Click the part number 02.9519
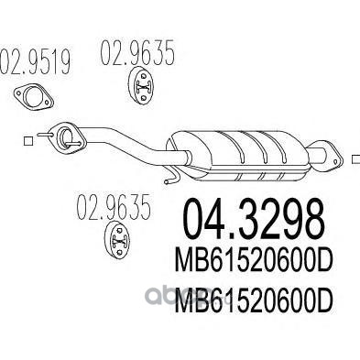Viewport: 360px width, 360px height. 35,62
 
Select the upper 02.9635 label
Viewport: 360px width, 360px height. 137,53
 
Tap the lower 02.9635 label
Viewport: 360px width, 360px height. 114,207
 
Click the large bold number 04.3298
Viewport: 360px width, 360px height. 253,220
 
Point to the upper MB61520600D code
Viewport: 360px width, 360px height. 253,262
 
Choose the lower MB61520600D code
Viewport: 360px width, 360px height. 253,301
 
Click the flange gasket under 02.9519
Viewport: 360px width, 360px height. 34,96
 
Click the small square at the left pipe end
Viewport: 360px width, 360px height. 28,141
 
